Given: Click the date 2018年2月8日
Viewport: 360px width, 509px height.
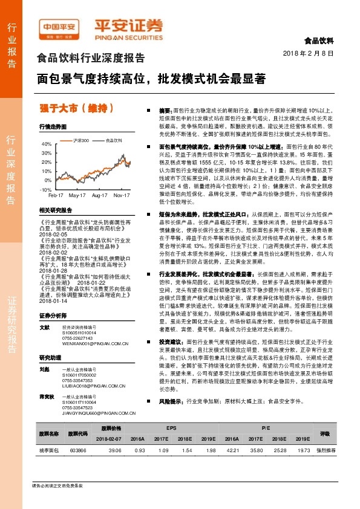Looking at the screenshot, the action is [x=309, y=54].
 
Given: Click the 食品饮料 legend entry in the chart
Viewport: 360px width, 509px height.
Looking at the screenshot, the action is [x=114, y=140].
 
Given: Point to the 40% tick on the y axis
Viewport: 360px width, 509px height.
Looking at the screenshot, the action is [x=47, y=144].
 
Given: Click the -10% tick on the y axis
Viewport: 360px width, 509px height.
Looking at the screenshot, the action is [x=46, y=189].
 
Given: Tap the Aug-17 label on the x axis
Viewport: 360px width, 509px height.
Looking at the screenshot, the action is [x=100, y=196].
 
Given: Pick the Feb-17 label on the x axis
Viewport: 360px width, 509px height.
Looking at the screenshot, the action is [x=56, y=196].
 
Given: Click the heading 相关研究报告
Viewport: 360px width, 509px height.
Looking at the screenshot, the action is [x=55, y=210].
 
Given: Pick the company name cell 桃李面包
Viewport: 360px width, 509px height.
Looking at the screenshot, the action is [x=48, y=450].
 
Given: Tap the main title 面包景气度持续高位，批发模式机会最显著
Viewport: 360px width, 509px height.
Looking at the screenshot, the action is [x=151, y=79].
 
